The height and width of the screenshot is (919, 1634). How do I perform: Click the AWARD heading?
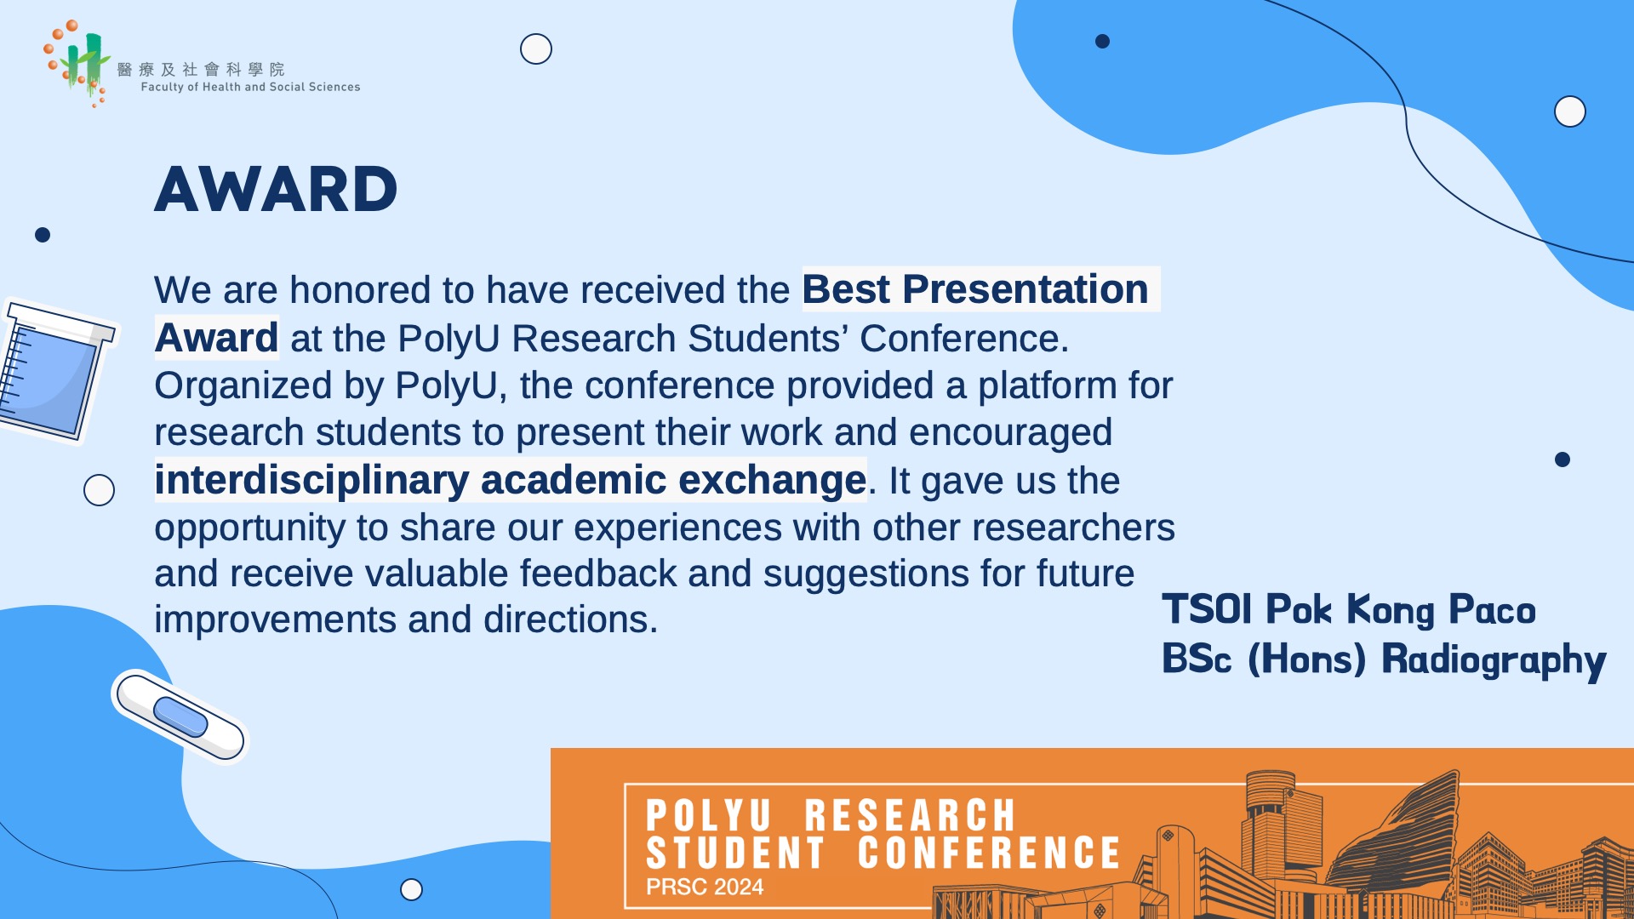(276, 189)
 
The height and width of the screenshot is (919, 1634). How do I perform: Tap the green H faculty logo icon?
(78, 63)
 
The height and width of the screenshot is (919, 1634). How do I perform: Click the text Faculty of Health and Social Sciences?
(250, 87)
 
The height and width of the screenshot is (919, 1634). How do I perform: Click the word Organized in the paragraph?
(243, 387)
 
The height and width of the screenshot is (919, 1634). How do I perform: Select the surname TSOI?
(1207, 609)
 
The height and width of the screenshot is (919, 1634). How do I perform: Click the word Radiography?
(1494, 660)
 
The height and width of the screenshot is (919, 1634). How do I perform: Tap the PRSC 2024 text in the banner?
(705, 887)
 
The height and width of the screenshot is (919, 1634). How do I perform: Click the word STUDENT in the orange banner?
(735, 853)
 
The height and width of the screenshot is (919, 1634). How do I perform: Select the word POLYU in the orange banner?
(708, 815)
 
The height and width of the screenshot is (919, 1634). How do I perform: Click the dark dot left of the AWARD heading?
(43, 235)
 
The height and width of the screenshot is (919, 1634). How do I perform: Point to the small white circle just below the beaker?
(100, 490)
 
